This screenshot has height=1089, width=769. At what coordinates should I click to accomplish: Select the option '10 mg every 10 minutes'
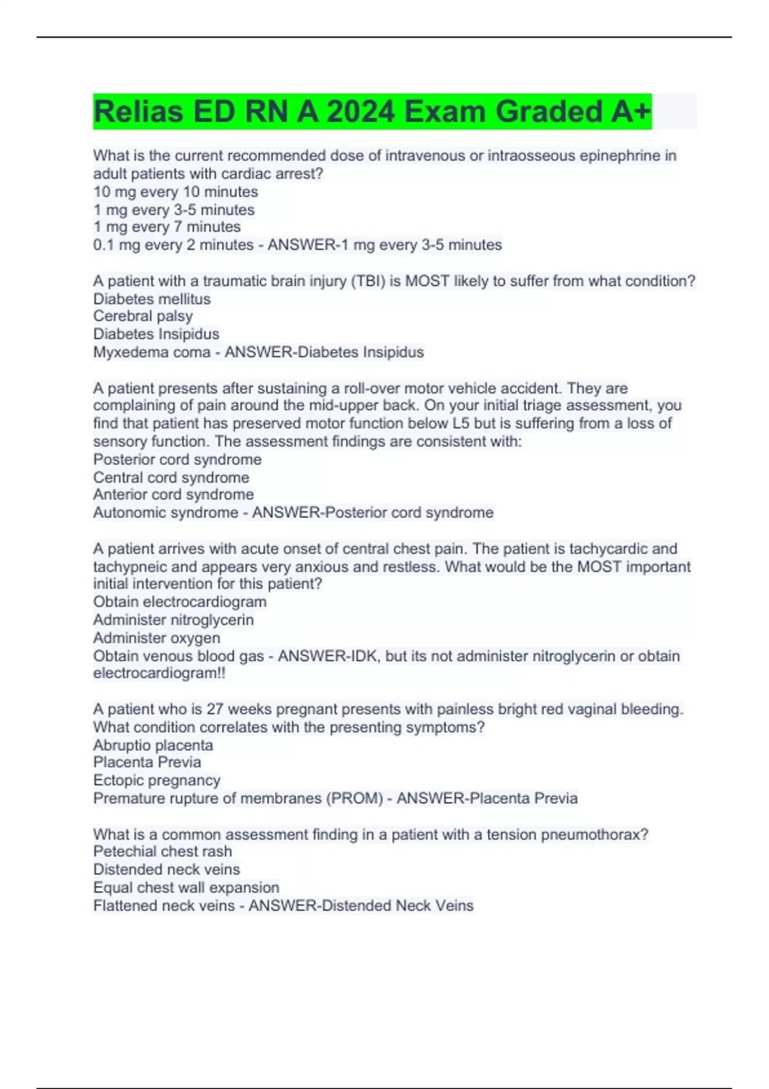(x=176, y=192)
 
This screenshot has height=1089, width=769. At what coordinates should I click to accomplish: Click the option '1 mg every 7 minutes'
(x=167, y=227)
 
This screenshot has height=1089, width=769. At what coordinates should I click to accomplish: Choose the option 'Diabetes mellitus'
(x=152, y=299)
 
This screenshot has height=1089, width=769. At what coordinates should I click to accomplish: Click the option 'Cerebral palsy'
(x=143, y=316)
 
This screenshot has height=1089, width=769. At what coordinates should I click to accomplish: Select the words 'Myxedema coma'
(x=152, y=352)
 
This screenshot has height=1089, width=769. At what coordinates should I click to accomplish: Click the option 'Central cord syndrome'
(x=171, y=477)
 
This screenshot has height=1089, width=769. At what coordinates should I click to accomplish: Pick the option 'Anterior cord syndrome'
(x=173, y=495)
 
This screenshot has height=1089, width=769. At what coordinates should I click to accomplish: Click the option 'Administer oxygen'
(x=156, y=637)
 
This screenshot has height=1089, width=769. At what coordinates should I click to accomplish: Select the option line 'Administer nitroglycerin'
(x=173, y=619)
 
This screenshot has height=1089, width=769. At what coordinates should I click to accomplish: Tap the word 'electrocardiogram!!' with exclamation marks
(x=159, y=673)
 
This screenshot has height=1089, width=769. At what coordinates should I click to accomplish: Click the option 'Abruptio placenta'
(x=153, y=745)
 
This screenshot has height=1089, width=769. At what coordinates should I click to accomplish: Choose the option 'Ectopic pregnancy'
(x=156, y=780)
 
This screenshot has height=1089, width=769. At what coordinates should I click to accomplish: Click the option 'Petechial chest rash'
(x=162, y=851)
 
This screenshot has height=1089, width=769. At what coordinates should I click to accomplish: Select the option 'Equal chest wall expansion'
(x=186, y=887)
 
